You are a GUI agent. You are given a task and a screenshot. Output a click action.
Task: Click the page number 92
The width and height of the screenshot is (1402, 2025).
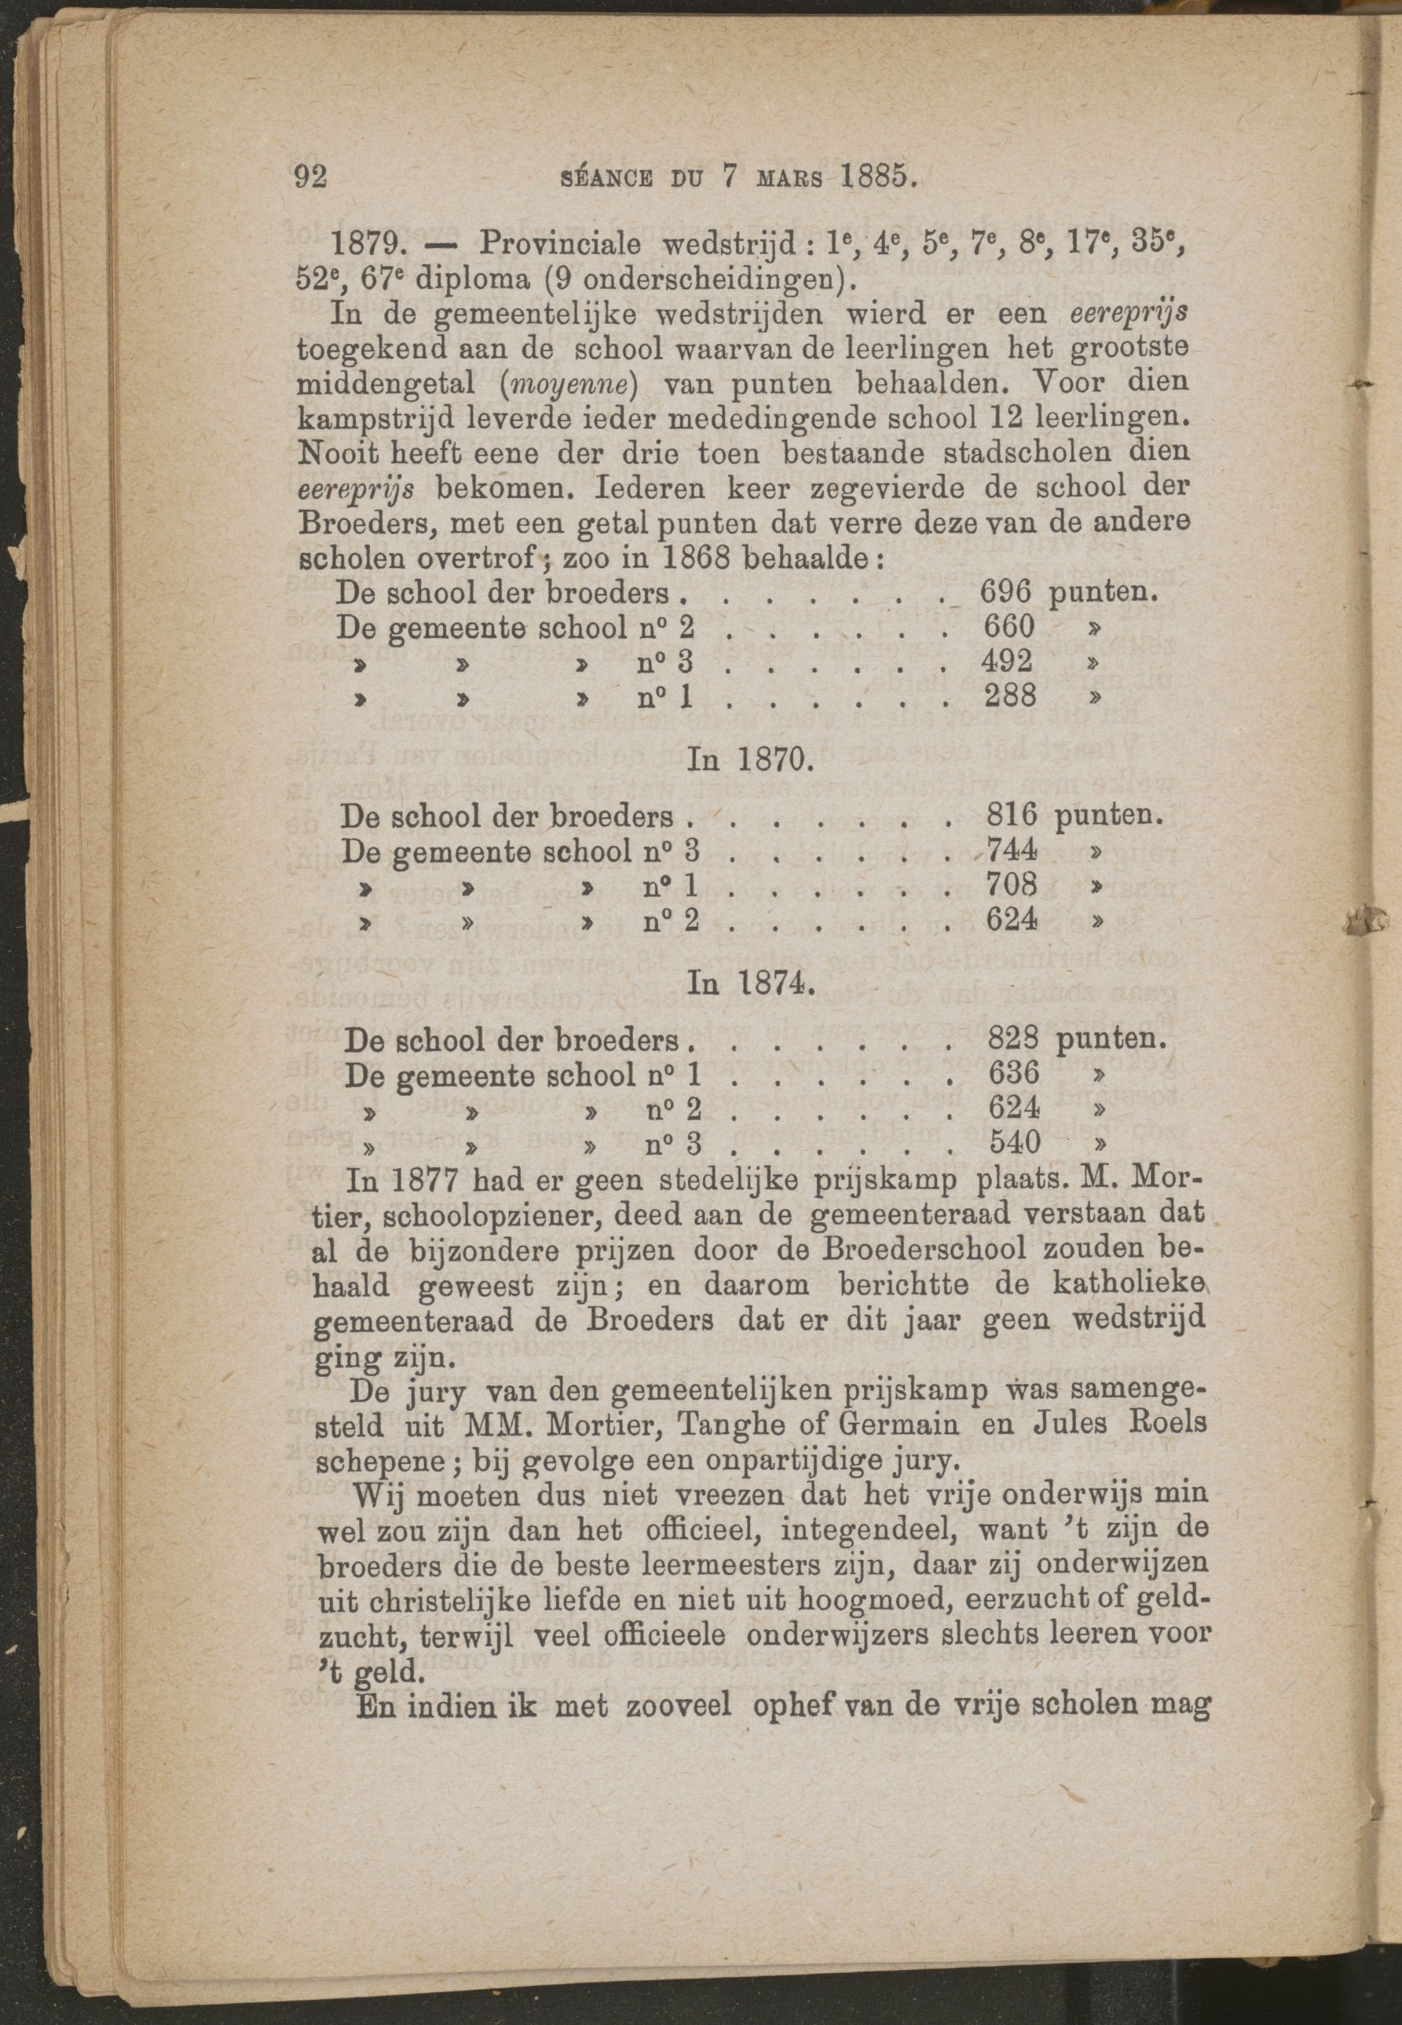tap(310, 178)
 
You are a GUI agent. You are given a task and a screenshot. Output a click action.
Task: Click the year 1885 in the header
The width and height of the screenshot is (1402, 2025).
tap(878, 178)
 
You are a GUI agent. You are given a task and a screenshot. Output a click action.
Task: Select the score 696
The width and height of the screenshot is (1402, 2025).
tap(1006, 593)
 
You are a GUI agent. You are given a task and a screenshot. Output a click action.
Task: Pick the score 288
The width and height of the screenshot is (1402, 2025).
tap(1008, 696)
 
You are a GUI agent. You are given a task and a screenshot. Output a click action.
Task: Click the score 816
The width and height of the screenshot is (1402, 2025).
tap(1013, 816)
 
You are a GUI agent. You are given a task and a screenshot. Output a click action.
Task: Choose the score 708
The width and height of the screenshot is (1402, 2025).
tap(1013, 885)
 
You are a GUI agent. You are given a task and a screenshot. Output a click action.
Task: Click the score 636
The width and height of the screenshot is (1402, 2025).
tap(1015, 1074)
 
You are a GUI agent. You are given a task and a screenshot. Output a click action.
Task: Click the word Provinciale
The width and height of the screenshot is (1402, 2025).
tap(558, 244)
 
